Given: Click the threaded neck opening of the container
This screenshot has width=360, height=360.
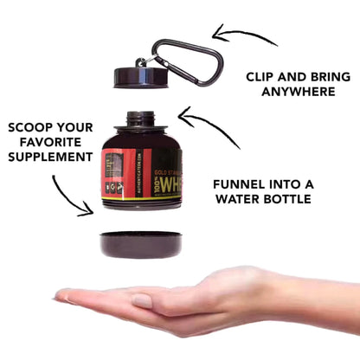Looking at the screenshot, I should click(x=142, y=119).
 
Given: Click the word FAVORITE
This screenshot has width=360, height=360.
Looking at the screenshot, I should click(x=50, y=142).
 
